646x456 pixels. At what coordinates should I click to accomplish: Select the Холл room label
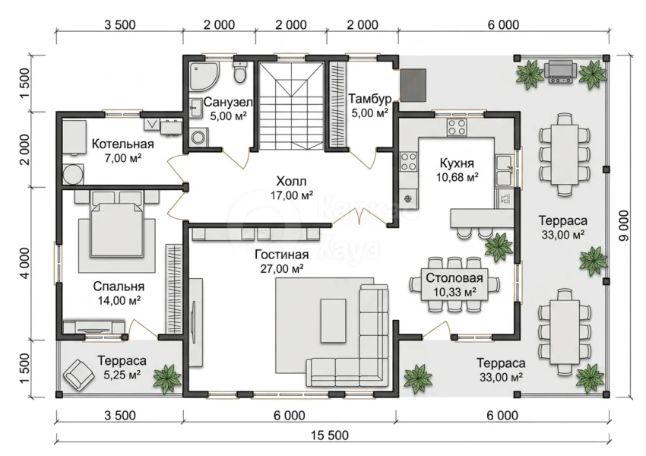[291, 181]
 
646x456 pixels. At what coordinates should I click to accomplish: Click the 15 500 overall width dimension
[330, 435]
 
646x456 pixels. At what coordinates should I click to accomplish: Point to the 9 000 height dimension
[624, 226]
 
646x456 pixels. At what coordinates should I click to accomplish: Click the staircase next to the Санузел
[291, 105]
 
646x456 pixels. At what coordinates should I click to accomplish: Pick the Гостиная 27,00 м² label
[282, 261]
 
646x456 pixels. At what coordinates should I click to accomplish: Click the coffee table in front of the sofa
[333, 320]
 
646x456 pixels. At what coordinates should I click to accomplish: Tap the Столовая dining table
[454, 285]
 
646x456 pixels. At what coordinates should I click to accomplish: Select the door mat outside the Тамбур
[413, 85]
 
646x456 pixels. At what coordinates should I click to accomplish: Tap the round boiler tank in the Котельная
[73, 175]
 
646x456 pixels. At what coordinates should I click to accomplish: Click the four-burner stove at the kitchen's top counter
[457, 127]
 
